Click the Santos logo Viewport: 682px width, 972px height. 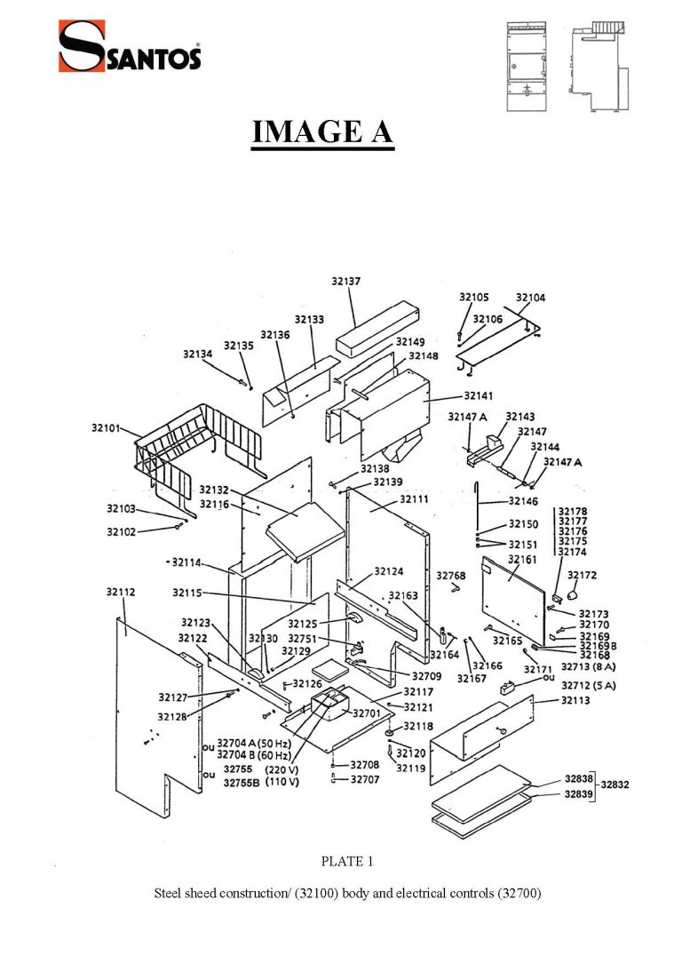point(130,46)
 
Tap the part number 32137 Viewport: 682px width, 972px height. point(346,281)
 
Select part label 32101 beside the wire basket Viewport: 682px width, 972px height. point(106,428)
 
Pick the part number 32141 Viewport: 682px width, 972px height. point(480,395)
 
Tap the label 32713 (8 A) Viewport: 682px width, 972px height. point(589,665)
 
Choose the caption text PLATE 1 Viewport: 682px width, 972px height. point(341,861)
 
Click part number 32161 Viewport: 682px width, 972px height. point(523,561)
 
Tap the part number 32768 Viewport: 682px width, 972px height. point(451,576)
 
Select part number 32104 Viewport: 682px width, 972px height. point(531,298)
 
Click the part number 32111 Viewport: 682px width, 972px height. point(414,500)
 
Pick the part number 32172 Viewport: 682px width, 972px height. point(582,576)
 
